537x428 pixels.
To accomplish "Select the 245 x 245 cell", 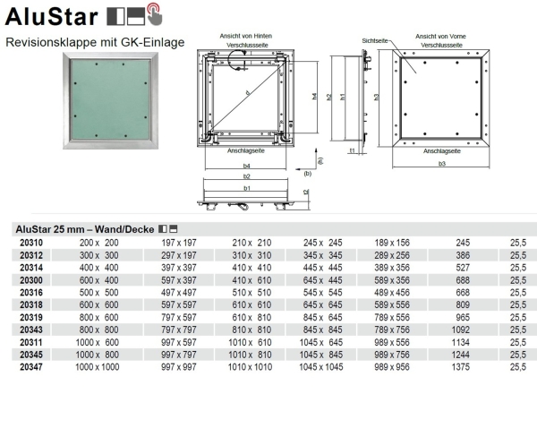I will tap(324, 243).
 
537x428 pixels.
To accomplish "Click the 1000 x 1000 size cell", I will tap(98, 366).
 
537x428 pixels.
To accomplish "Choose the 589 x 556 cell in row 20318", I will tap(393, 304).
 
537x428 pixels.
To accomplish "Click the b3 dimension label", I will tap(442, 164).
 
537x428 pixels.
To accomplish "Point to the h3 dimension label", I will tap(377, 96).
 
